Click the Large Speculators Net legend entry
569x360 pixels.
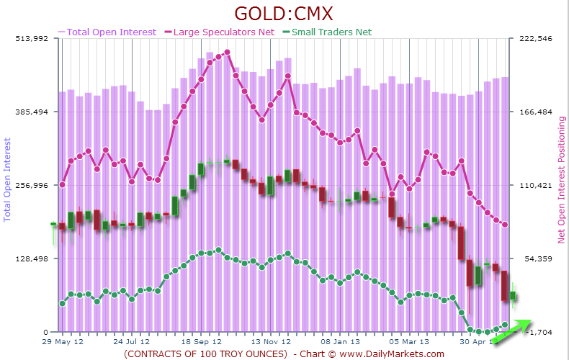pyautogui.click(x=223, y=32)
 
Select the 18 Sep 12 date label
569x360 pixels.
pyautogui.click(x=200, y=343)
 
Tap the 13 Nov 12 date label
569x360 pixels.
pyautogui.click(x=269, y=343)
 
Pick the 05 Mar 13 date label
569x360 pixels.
pyautogui.click(x=408, y=343)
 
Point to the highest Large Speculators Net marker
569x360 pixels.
pyautogui.click(x=227, y=52)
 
